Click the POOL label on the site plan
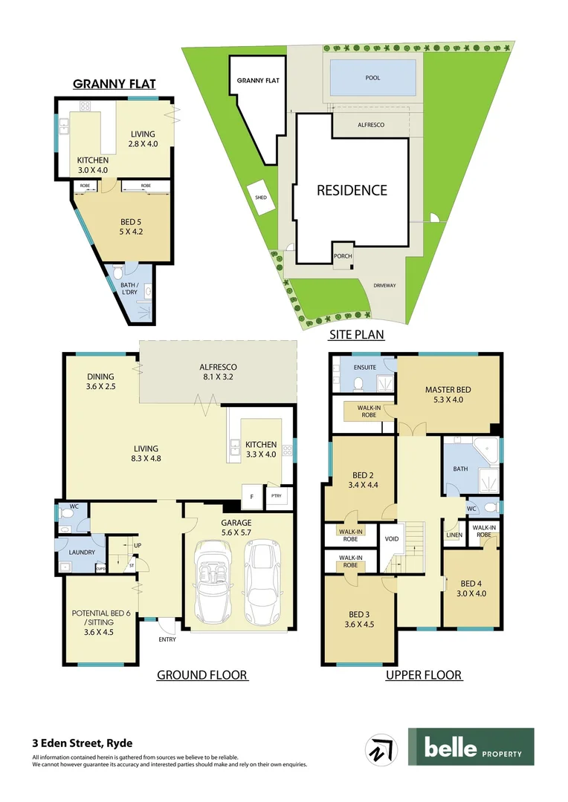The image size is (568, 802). [372, 78]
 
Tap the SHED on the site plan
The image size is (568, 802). [261, 198]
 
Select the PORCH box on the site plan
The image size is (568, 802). [343, 256]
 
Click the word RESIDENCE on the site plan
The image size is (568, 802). [352, 190]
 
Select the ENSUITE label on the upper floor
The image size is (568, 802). [364, 368]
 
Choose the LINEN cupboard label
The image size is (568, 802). [454, 535]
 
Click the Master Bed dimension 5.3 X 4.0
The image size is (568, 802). [448, 400]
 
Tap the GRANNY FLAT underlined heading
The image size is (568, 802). [114, 84]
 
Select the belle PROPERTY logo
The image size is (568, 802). [471, 747]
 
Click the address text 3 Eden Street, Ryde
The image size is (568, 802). [82, 742]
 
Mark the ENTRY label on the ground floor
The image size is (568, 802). [168, 639]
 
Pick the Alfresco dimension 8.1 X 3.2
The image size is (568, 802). [218, 378]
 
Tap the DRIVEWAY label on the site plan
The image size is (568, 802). [384, 284]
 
